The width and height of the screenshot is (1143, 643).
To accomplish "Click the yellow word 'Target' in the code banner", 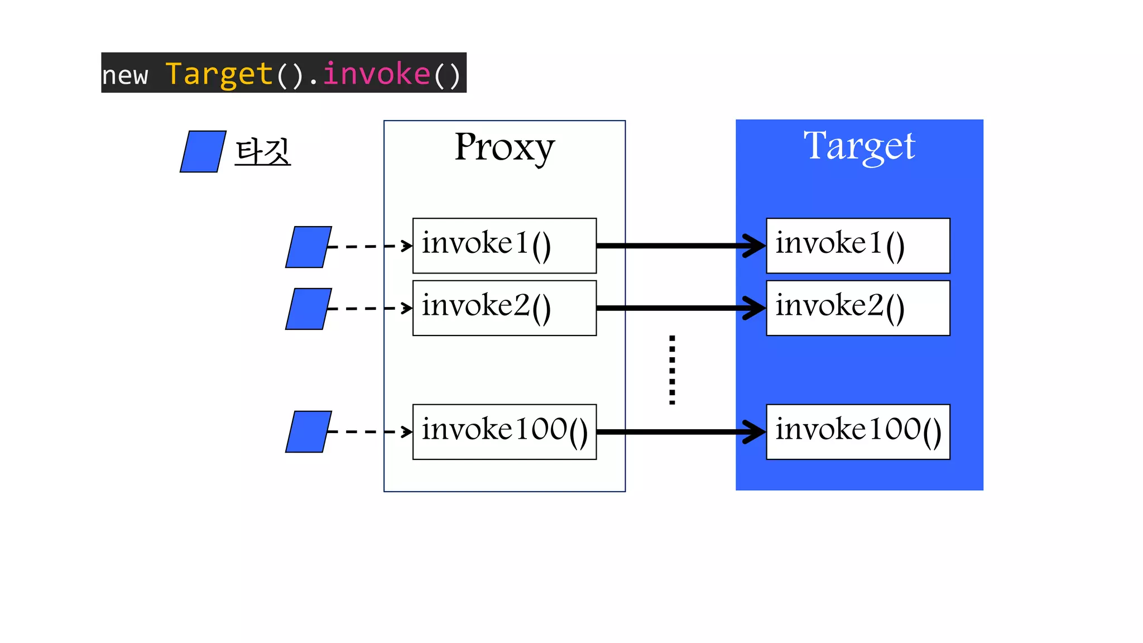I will tap(219, 74).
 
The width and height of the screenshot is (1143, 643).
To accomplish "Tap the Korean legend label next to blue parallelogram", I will tap(262, 152).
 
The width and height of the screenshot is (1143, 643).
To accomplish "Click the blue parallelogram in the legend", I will tap(203, 152).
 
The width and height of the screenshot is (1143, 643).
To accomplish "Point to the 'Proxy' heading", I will tap(504, 147).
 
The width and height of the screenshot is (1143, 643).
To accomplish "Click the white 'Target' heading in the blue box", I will tap(859, 146).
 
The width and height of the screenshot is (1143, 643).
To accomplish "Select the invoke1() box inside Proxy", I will tap(504, 246).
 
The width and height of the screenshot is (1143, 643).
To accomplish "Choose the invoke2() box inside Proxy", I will tap(504, 308).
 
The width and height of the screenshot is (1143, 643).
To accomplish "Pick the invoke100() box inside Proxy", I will tap(504, 432).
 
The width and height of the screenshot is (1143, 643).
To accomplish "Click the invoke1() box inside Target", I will tap(858, 246).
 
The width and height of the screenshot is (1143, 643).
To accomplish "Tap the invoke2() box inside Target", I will tap(858, 308).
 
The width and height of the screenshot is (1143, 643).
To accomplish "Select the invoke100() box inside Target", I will tap(858, 432).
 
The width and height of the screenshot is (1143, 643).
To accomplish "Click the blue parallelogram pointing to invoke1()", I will tap(308, 247).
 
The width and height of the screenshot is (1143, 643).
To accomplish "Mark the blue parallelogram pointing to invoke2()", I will tap(308, 309).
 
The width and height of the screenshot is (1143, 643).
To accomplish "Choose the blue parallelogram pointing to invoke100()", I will tap(308, 432).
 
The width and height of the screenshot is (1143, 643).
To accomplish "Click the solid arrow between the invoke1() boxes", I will tap(681, 246).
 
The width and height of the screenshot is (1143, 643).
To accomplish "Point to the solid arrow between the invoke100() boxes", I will tap(681, 432).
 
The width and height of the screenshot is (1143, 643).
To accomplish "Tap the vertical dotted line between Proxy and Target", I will tap(672, 370).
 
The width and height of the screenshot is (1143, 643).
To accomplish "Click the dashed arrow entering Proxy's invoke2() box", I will tap(369, 308).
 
